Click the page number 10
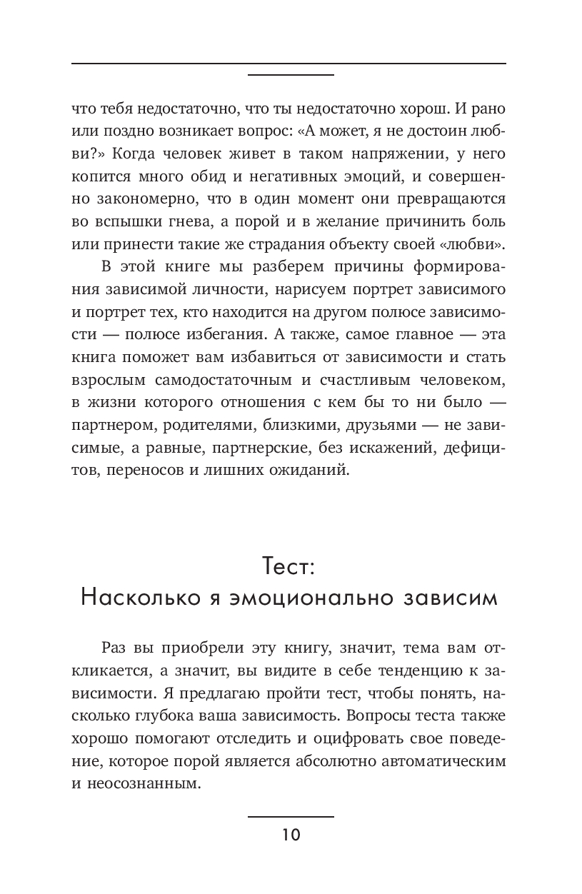(x=291, y=835)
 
